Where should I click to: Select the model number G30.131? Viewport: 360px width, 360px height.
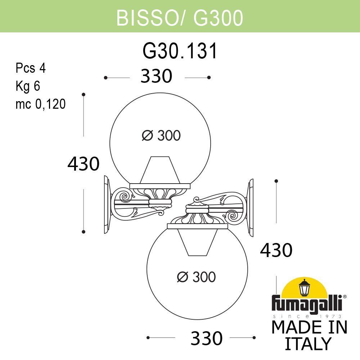180,51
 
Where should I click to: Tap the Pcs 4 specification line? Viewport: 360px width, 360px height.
31,68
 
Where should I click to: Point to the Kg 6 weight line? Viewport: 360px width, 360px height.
27,86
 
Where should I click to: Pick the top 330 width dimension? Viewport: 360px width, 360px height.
157,77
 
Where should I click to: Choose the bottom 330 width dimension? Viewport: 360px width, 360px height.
206,338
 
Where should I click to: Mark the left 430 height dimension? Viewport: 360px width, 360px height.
83,164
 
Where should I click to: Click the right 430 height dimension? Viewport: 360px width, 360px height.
276,250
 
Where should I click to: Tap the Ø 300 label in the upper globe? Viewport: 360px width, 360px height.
161,136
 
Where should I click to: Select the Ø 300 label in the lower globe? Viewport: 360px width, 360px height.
196,277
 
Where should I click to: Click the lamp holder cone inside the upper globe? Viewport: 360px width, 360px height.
160,170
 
